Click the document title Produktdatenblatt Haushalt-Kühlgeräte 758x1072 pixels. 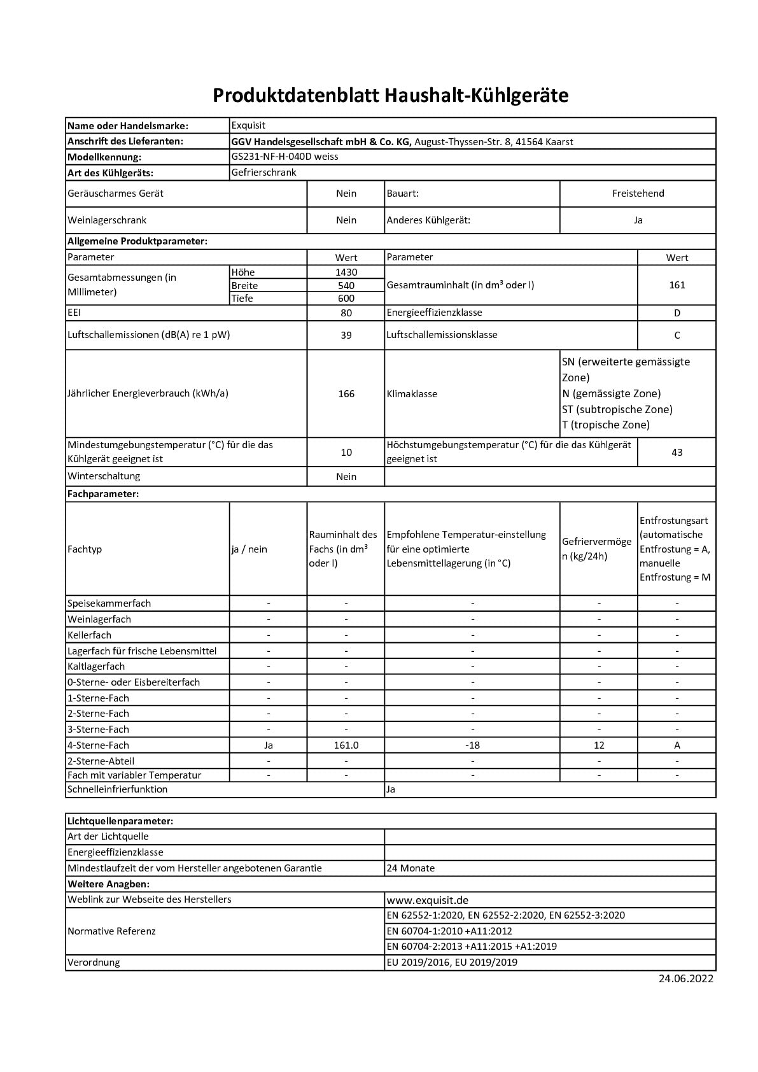click(390, 95)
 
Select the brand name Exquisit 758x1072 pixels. click(248, 125)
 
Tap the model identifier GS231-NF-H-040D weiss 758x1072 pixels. click(284, 157)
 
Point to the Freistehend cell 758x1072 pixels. click(638, 194)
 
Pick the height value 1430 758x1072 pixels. click(346, 272)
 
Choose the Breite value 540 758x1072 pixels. click(346, 286)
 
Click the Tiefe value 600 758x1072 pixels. click(346, 299)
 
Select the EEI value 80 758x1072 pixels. click(346, 313)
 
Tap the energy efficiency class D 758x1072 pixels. click(677, 313)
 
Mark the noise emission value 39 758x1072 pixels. click(346, 335)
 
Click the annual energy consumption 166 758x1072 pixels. click(346, 394)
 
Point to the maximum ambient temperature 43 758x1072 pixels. click(677, 453)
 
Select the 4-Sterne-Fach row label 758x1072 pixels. click(98, 745)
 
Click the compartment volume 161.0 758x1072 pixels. click(346, 745)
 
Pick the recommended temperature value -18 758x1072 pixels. click(472, 745)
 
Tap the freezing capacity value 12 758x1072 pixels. click(599, 745)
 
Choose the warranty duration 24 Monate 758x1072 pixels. click(411, 868)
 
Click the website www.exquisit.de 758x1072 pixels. click(427, 900)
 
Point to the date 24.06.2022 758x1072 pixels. click(685, 979)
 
